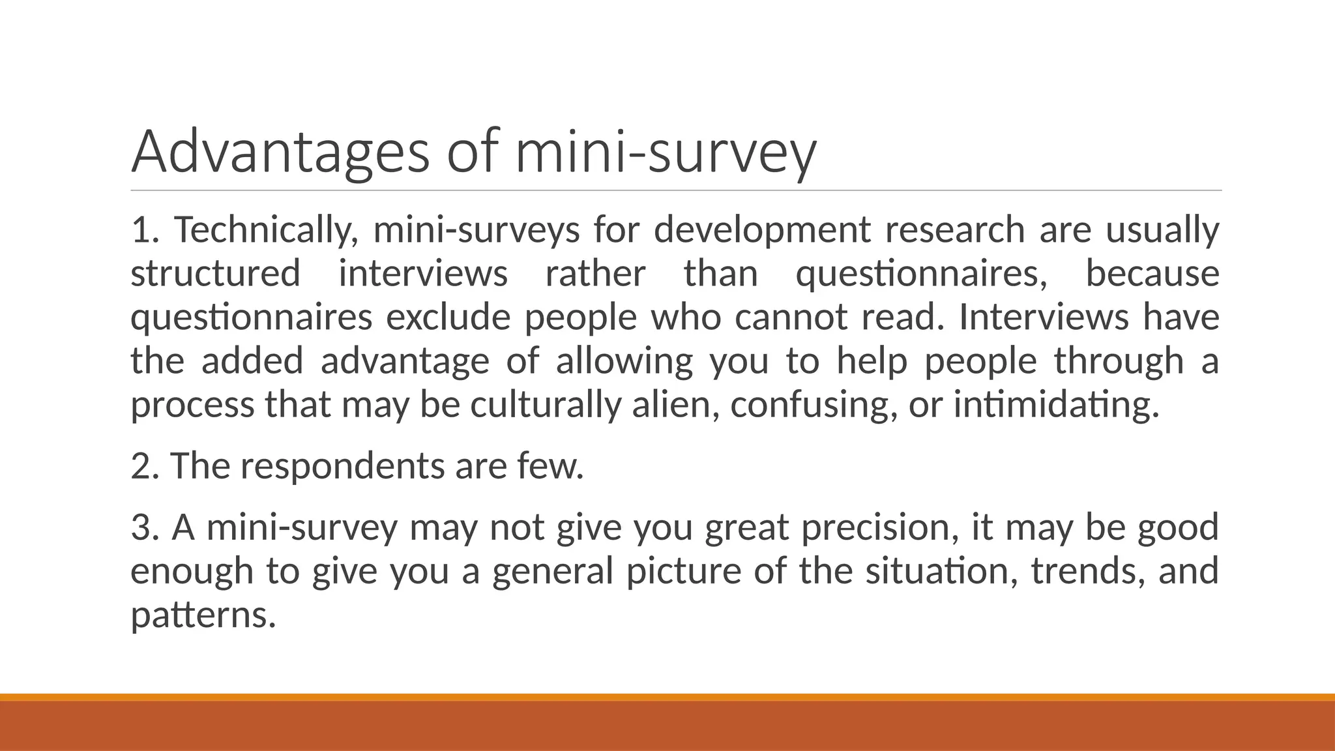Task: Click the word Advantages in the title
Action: click(x=280, y=152)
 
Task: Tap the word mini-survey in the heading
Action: click(x=665, y=152)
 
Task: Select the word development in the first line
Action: click(x=762, y=230)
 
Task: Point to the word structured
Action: click(x=215, y=273)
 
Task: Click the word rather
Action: click(x=595, y=273)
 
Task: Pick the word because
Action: click(x=1152, y=273)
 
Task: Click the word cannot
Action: click(x=791, y=317)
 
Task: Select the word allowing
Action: click(x=624, y=361)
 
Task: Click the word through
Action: click(x=1119, y=361)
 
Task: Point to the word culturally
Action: click(x=546, y=404)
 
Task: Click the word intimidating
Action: click(x=1056, y=404)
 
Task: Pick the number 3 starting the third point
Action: click(x=141, y=527)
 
